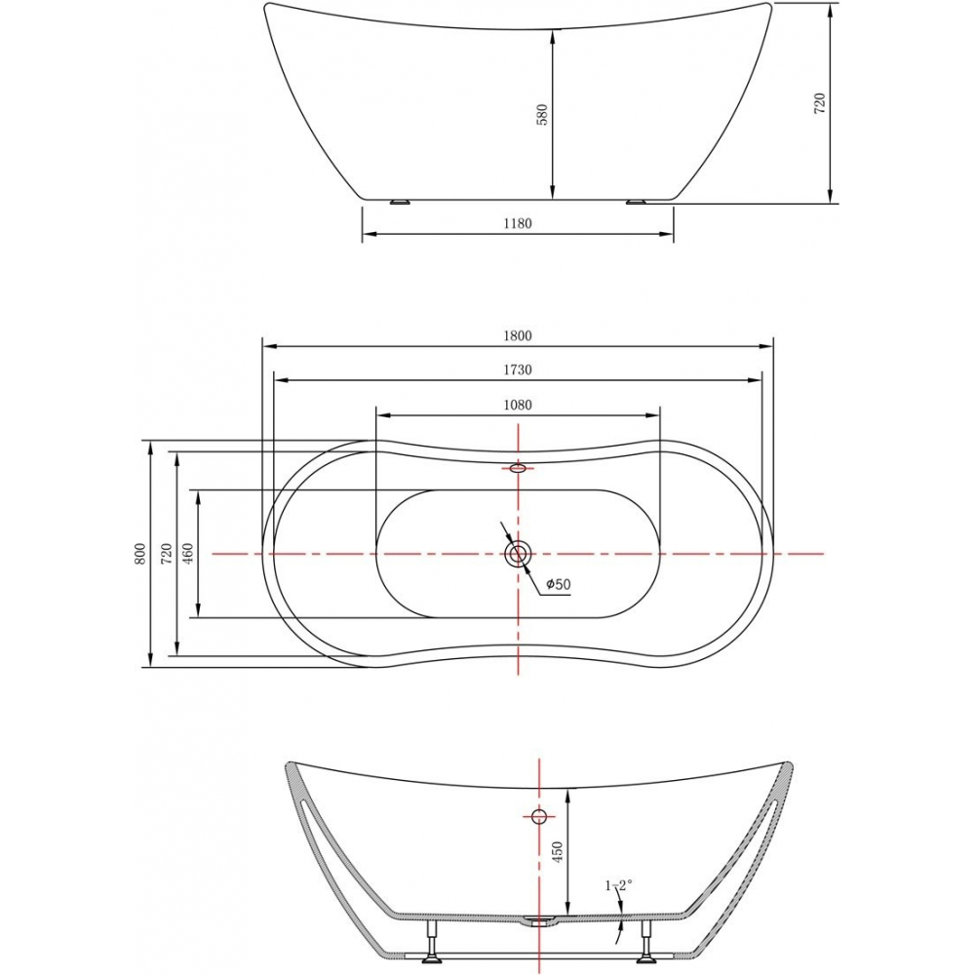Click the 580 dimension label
542,115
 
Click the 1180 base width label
518,223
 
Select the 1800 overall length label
518,335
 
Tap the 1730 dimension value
518,370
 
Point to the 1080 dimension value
518,406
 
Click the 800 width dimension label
140,554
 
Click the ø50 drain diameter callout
559,584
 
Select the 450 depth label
557,852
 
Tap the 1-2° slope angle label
619,885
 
